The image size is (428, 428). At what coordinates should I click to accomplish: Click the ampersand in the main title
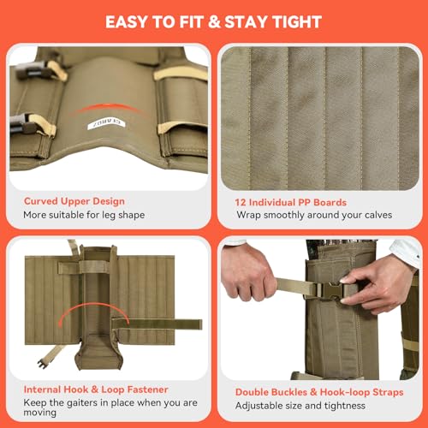tap(214, 22)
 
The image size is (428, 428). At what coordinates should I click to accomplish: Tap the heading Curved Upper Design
tap(74, 201)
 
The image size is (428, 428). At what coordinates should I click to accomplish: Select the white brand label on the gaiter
tap(106, 124)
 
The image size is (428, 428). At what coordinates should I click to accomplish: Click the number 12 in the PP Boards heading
tap(241, 202)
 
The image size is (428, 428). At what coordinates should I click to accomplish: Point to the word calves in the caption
tap(378, 215)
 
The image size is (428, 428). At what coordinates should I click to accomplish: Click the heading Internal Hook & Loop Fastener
tap(96, 389)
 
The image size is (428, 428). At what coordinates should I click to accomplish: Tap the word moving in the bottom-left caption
tap(39, 413)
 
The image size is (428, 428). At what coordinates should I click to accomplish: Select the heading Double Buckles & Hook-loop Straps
tap(319, 392)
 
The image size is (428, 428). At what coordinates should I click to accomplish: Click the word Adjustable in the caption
tap(254, 406)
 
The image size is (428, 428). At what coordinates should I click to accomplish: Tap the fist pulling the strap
tap(247, 275)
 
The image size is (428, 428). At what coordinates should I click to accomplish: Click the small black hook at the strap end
tap(43, 364)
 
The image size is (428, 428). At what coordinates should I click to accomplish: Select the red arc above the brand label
tap(108, 108)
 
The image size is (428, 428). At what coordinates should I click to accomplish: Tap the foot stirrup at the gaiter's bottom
tap(98, 353)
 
